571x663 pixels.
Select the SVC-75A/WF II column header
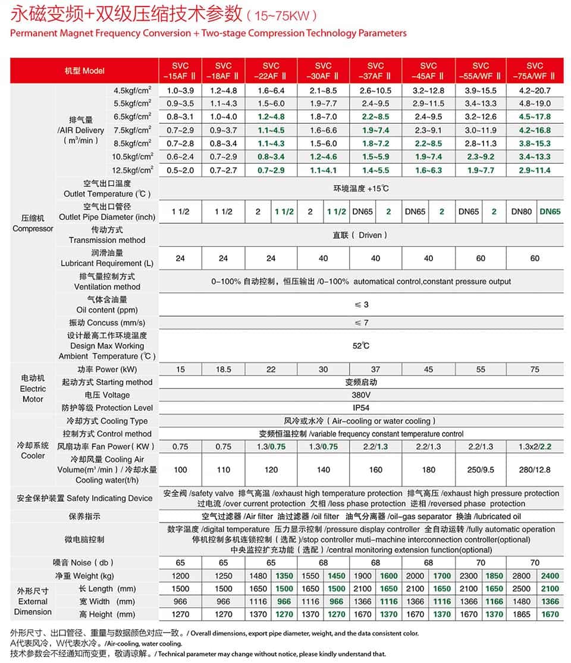click(535, 70)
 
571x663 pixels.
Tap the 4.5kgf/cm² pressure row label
click(132, 90)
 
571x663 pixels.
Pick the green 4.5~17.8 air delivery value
click(535, 117)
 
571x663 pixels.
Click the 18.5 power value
click(223, 370)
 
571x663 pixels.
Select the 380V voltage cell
click(361, 395)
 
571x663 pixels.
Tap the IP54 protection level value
click(361, 408)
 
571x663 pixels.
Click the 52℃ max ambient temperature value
click(361, 346)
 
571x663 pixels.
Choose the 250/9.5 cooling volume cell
click(481, 470)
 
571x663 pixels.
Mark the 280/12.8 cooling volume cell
click(535, 470)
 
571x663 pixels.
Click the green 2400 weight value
click(550, 576)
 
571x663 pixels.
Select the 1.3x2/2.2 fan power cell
click(535, 446)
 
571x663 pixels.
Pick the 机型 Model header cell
click(84, 70)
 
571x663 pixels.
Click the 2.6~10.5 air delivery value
click(375, 90)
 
